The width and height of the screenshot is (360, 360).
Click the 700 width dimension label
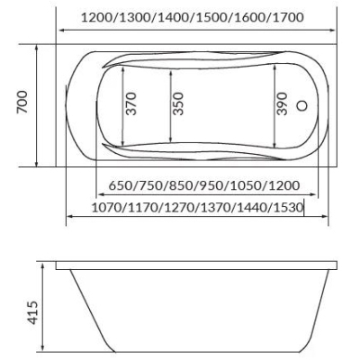[x=22, y=102]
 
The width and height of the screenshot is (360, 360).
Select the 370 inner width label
[x=130, y=103]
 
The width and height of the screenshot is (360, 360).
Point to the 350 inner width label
[x=178, y=103]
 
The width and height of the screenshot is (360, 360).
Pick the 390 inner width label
[x=282, y=103]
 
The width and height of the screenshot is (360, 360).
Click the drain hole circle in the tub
[x=301, y=105]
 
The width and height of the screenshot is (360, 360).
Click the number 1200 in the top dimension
[x=97, y=18]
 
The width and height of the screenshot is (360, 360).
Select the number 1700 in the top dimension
[x=288, y=18]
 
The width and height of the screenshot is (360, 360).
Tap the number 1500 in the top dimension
[x=211, y=18]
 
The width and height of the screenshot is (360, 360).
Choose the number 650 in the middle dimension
[x=120, y=185]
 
